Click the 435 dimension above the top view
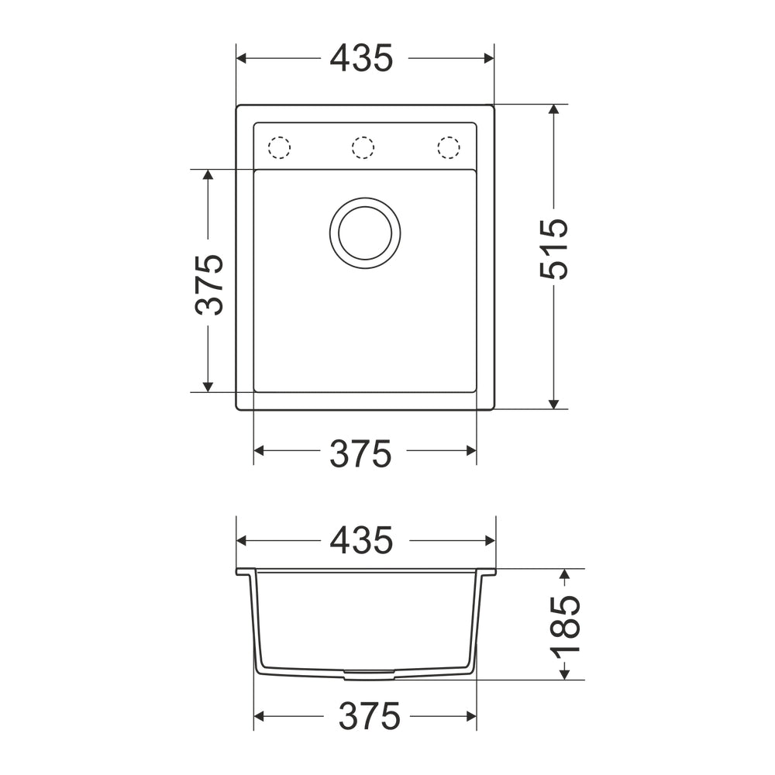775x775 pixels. [361, 58]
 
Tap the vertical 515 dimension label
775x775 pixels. [553, 249]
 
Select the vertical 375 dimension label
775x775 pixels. [209, 285]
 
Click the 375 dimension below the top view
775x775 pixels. [360, 453]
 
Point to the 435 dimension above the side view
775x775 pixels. [361, 540]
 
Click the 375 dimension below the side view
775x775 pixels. [369, 715]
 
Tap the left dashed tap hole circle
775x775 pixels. [279, 147]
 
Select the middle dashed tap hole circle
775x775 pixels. [363, 147]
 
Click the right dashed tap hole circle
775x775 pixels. [449, 147]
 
